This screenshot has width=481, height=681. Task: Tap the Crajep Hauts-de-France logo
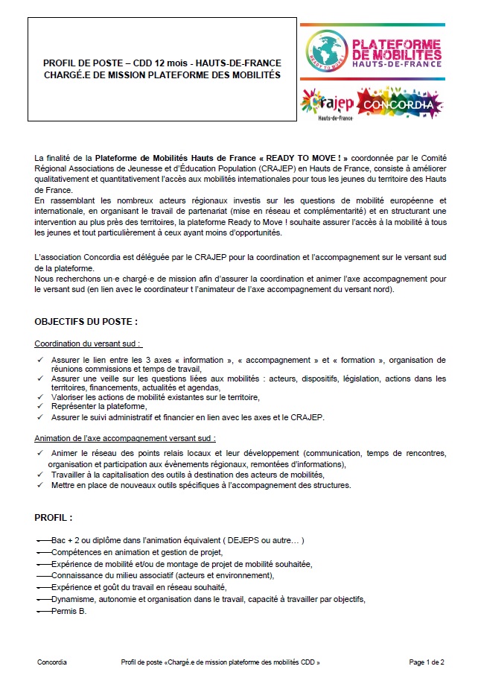[327, 104]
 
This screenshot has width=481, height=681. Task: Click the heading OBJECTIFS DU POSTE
[86, 322]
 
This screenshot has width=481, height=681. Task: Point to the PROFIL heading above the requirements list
[54, 517]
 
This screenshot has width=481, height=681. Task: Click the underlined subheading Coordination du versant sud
[88, 343]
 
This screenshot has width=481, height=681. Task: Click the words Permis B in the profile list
[69, 611]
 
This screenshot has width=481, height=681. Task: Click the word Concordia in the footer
[52, 662]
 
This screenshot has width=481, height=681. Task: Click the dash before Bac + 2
[42, 540]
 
